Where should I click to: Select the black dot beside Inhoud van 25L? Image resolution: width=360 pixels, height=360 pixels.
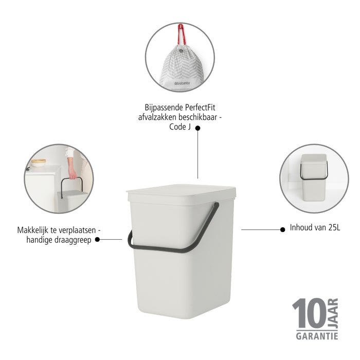(x=283, y=229)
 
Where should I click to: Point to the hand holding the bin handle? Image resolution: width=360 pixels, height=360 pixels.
(x=73, y=174)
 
